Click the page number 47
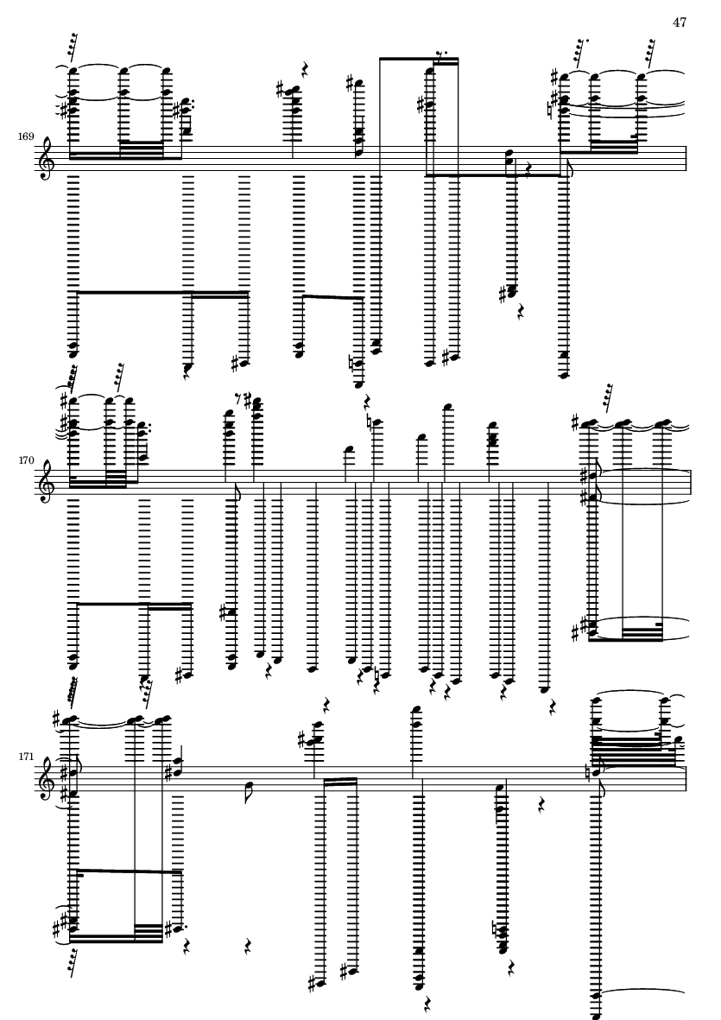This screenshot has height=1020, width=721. [680, 22]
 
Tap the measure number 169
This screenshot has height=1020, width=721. [26, 136]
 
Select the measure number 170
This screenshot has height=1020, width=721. [26, 460]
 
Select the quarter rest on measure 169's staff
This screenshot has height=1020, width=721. [528, 170]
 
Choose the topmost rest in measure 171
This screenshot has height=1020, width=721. [327, 706]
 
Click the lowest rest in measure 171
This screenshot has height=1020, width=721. [427, 1004]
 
